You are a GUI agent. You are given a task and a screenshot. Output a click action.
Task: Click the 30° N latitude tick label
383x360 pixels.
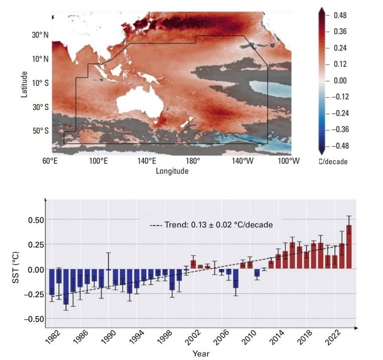[38, 35]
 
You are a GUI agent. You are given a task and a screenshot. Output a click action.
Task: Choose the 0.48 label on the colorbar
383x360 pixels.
[340, 16]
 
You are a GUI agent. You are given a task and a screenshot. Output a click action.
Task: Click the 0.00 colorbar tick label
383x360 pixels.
[340, 80]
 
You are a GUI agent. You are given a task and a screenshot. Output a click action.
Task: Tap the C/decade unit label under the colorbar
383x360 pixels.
[333, 162]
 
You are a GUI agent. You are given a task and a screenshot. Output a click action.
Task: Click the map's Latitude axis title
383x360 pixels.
[24, 83]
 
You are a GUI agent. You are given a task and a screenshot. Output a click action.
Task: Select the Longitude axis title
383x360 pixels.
[172, 171]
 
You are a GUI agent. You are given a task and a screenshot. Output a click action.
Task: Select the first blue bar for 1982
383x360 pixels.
[52, 282]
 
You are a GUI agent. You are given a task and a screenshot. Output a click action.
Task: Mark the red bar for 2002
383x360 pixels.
[193, 264]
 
